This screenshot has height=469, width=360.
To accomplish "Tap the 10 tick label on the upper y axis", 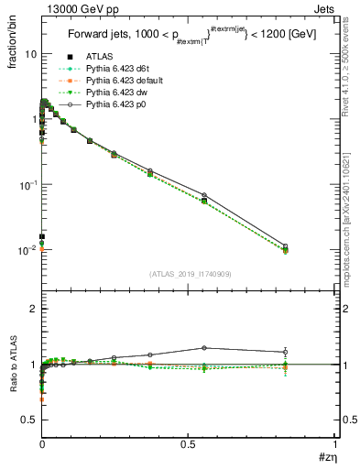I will pos(29,54).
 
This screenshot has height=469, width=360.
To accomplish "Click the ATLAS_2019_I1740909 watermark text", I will pos(189,274).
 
